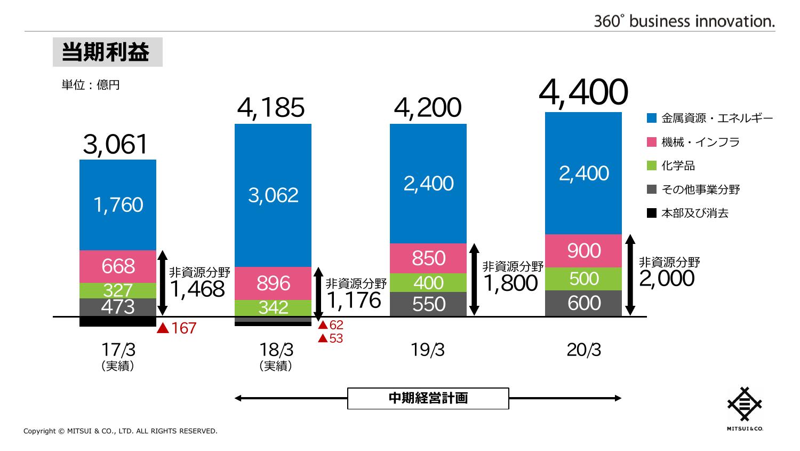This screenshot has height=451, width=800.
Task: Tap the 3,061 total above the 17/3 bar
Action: (x=115, y=145)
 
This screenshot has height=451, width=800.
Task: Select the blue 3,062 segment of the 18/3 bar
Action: (x=273, y=195)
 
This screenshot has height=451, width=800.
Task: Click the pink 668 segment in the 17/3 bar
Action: (x=118, y=266)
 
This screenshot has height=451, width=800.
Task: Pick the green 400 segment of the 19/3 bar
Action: (x=428, y=282)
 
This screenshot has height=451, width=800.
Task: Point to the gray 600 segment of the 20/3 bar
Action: (x=584, y=303)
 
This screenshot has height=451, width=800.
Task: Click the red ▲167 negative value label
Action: (x=177, y=328)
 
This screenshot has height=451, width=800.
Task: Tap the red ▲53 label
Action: (x=331, y=338)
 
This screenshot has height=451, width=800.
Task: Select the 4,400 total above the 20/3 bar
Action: (x=583, y=93)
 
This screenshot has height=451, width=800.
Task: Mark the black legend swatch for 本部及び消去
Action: (x=651, y=213)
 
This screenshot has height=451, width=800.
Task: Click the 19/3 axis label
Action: (x=428, y=350)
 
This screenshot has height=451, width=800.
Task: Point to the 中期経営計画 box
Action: (x=428, y=398)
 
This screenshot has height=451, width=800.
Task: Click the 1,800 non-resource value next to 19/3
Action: (x=510, y=283)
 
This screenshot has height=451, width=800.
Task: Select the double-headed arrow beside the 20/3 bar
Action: (x=630, y=275)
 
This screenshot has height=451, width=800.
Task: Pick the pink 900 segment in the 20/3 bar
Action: (x=584, y=251)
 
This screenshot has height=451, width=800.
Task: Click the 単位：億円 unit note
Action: (x=91, y=85)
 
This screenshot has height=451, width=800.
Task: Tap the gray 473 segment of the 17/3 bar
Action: (x=118, y=307)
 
